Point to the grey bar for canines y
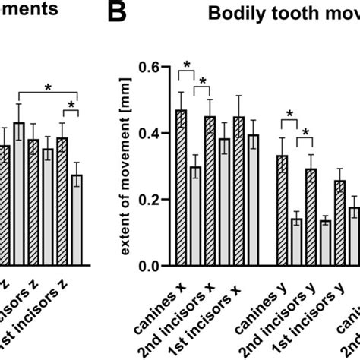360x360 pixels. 296,242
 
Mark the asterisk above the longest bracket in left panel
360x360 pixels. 47,87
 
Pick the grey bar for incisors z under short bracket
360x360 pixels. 77,219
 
